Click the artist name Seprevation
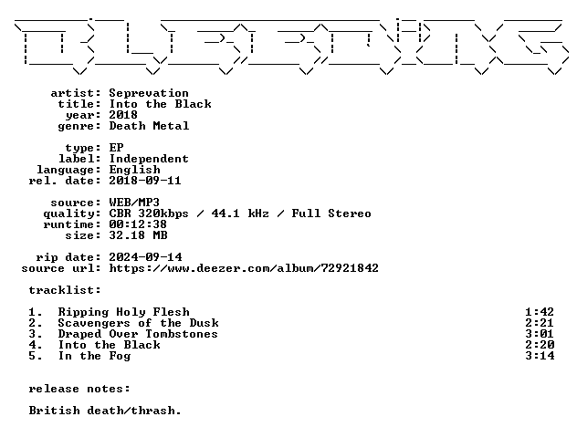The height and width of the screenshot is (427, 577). click(x=149, y=93)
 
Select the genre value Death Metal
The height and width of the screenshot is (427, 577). click(x=149, y=126)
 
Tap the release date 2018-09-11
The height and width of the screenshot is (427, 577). click(x=145, y=181)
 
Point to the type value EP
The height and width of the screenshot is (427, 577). click(x=116, y=148)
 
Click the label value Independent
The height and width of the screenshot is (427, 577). click(x=149, y=159)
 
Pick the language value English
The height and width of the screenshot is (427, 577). click(x=135, y=170)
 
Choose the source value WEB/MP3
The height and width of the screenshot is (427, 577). click(x=134, y=203)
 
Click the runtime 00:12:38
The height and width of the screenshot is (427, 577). click(x=138, y=224)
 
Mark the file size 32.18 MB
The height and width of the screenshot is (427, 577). click(x=139, y=235)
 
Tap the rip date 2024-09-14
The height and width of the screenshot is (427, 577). click(x=145, y=257)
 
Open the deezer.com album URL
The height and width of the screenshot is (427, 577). click(x=244, y=268)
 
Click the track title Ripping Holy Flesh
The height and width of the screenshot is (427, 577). click(x=123, y=312)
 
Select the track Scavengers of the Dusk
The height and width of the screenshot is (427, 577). click(x=139, y=323)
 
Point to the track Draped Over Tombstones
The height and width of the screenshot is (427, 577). click(x=138, y=334)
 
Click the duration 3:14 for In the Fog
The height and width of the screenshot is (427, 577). click(x=540, y=356)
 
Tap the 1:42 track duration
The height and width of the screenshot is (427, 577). click(x=540, y=312)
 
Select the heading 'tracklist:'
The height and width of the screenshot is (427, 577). click(x=65, y=290)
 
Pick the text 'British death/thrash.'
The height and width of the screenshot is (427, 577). click(x=105, y=411)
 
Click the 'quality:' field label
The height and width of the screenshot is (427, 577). click(x=72, y=213)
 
